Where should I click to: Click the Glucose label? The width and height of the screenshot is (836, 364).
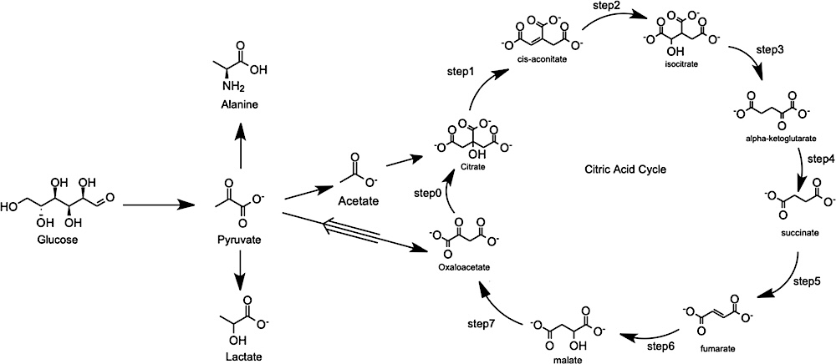pyautogui.click(x=57, y=240)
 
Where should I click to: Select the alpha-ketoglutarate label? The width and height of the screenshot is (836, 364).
pyautogui.click(x=772, y=139)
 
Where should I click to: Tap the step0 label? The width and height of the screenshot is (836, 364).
pyautogui.click(x=426, y=193)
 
